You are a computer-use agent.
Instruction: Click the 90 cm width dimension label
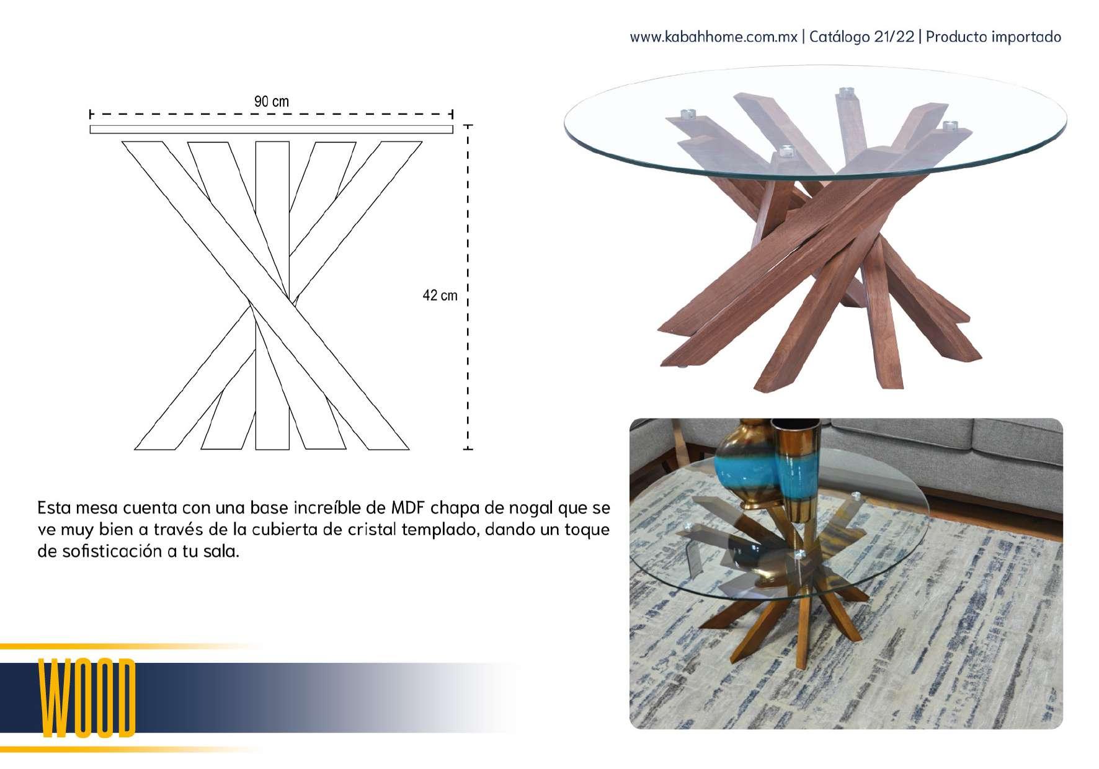tap(271, 101)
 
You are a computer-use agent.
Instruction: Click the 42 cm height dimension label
tap(440, 295)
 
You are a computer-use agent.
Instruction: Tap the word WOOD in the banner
tap(87, 698)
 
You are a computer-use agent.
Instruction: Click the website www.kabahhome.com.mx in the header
tap(713, 37)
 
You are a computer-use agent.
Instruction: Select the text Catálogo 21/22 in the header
tap(861, 37)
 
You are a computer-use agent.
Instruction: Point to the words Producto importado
tap(993, 37)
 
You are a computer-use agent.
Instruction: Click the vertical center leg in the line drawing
tap(272, 295)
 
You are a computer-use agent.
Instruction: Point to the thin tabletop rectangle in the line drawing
tap(271, 129)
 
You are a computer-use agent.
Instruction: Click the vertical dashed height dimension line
tap(468, 287)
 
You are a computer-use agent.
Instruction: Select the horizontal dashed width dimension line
tap(271, 114)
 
